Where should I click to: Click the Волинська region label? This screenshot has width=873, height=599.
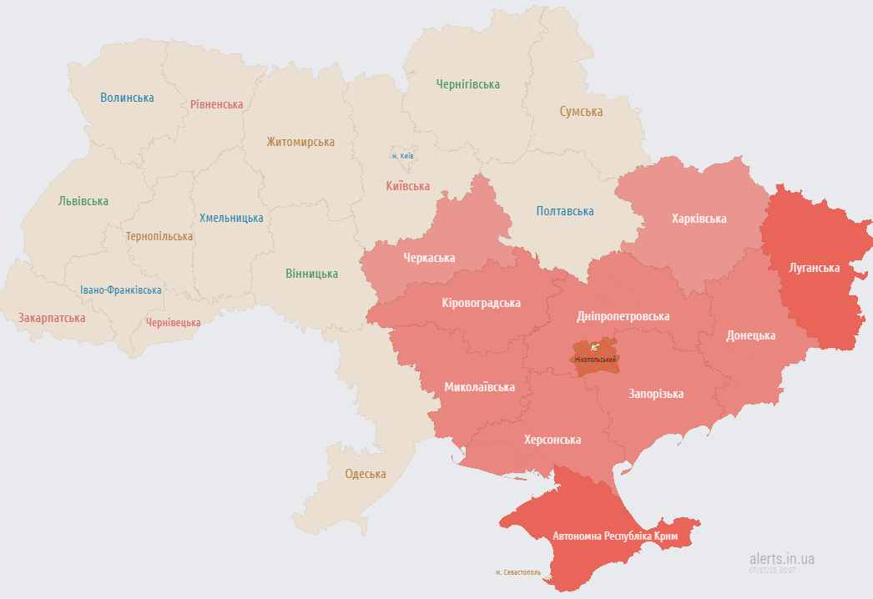coord(127,98)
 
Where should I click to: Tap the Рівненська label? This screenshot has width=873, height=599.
coord(216,104)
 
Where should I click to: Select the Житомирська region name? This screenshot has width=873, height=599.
coord(300,142)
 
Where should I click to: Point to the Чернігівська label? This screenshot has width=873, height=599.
coord(467,84)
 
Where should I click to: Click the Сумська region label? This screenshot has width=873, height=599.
coord(581,111)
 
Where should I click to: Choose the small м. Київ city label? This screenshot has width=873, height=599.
coord(403,156)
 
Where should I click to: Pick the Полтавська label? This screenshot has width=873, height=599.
coord(565,211)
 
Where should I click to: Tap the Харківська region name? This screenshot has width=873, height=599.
coord(699,219)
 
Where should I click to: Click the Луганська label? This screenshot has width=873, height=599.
coord(815,268)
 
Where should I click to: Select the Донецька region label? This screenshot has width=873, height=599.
coord(750,335)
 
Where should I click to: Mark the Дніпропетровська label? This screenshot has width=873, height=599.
coord(623,316)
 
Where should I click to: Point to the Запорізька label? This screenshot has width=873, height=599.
coord(656,394)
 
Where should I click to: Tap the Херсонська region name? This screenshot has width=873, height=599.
coord(552,440)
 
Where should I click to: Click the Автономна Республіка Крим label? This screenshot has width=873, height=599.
coord(615,535)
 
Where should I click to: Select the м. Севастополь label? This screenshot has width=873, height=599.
coord(517,573)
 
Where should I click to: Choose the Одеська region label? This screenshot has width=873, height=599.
coord(366,474)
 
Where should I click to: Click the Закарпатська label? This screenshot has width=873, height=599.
coord(52,318)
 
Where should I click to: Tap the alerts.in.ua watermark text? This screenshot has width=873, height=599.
coord(781,558)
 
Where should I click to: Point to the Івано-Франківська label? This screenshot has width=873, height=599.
coord(121,290)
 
